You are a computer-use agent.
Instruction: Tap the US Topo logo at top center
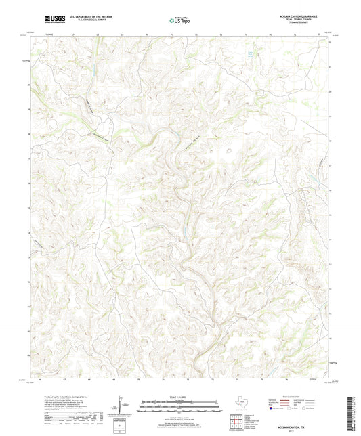pyautogui.click(x=179, y=22)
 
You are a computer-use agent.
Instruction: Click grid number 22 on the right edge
pyautogui.click(x=330, y=42)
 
